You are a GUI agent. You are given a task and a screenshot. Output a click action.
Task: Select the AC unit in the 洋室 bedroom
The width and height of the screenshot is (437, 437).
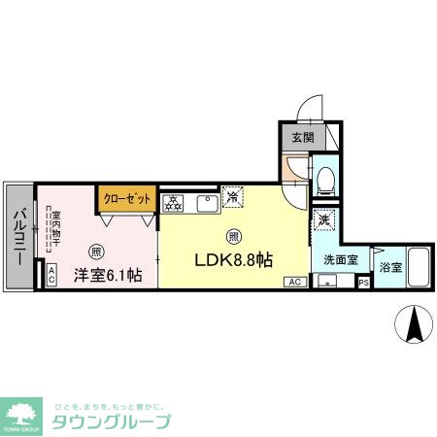51,276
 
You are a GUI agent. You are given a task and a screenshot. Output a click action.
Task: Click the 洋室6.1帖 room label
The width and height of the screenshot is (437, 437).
108,275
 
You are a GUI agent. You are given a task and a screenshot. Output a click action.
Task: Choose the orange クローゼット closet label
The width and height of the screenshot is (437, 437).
128,198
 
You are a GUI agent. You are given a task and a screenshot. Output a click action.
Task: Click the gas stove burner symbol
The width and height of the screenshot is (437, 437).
174,203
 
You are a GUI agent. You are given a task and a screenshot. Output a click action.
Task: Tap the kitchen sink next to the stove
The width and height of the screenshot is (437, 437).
206,203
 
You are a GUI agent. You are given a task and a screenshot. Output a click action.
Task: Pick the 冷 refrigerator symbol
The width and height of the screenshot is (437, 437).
233,197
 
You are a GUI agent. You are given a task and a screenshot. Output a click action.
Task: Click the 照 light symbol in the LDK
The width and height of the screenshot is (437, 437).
234,236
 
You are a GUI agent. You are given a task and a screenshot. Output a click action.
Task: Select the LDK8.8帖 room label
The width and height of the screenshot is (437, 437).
235,261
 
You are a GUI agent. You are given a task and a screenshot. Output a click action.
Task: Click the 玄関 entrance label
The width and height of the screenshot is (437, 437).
302,137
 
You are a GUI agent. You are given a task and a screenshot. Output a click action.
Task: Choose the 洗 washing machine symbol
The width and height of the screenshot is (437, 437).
324,220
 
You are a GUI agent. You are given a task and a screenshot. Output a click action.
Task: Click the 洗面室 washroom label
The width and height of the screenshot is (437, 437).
340,260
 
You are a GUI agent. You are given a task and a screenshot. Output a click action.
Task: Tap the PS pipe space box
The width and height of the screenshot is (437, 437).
363,283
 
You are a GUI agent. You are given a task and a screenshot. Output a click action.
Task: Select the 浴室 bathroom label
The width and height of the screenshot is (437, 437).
390,267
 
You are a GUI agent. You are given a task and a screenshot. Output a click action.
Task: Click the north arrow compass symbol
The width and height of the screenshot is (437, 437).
415,323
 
